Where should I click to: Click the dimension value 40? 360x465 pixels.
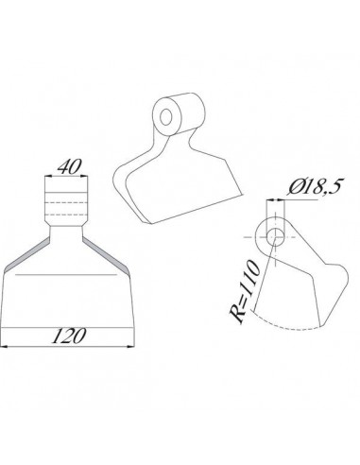click(66, 165)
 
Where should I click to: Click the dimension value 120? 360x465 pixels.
click(69, 336)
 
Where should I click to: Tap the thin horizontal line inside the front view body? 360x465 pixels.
click(66, 274)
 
